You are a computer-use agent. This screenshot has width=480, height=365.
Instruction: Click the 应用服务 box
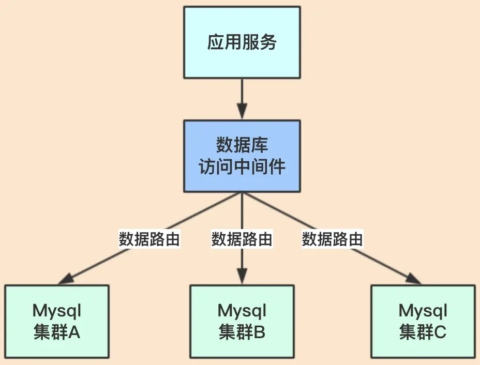(x=242, y=42)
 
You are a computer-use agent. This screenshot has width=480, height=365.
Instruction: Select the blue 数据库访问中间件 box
(x=242, y=156)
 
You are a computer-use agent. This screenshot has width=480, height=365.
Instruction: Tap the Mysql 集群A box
(x=57, y=321)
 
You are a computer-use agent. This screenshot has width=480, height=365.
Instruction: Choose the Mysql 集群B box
(x=242, y=321)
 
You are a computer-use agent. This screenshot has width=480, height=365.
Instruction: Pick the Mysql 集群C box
(x=423, y=321)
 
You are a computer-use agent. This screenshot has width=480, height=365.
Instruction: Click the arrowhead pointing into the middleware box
(x=242, y=111)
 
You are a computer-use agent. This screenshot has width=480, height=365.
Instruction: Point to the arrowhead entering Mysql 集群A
(x=66, y=279)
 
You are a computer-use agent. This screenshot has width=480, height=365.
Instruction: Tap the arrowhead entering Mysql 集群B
(x=242, y=276)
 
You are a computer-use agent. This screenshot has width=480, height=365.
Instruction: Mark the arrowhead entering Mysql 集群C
(x=414, y=279)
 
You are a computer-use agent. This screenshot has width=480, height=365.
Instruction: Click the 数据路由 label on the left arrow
(x=149, y=239)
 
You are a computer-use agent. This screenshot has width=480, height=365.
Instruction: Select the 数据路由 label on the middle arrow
(x=242, y=239)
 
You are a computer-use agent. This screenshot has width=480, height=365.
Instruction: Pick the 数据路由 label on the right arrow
(x=333, y=239)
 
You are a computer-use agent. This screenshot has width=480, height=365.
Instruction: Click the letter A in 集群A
(x=74, y=332)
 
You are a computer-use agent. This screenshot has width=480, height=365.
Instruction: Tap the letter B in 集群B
(x=259, y=332)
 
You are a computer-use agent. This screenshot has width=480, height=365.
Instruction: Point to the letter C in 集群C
(x=440, y=332)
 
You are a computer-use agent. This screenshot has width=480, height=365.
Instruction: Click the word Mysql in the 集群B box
(x=242, y=311)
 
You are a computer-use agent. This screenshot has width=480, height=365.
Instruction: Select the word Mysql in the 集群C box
(x=423, y=311)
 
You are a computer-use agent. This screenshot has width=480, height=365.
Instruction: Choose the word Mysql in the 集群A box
(x=57, y=311)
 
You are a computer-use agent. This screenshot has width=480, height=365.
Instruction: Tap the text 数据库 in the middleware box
(x=242, y=145)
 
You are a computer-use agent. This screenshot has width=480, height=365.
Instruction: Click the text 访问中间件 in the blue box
(x=242, y=167)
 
